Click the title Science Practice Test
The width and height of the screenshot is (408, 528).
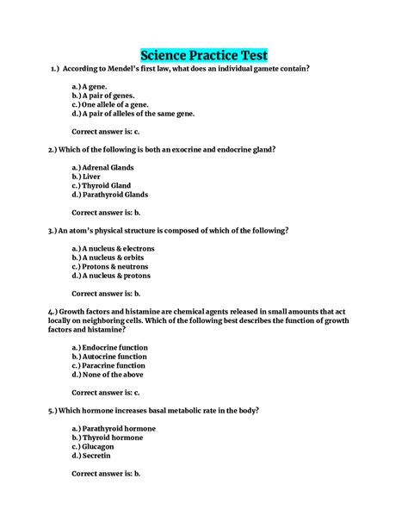(204, 55)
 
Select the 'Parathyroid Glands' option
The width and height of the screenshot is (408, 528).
(113, 195)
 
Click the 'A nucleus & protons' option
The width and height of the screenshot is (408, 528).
(111, 276)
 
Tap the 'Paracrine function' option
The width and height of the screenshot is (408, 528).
(113, 365)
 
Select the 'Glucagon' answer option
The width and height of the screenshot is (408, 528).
(97, 447)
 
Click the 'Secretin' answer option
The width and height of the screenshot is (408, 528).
(96, 456)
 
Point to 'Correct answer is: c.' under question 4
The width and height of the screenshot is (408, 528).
(105, 393)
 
